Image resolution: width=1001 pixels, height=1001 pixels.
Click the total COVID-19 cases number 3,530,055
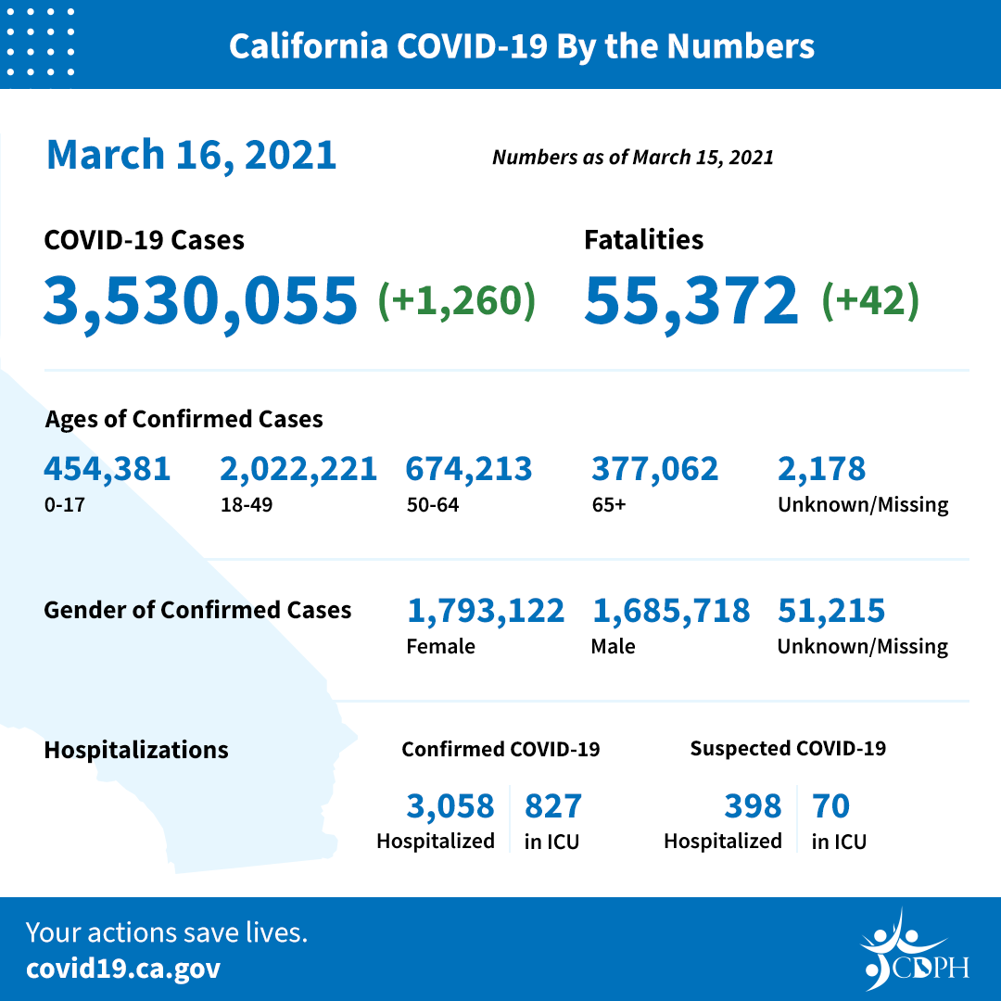[x=200, y=300]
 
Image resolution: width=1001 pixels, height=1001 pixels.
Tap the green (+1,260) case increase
[x=456, y=301]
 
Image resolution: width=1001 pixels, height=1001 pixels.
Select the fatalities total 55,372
[x=691, y=300]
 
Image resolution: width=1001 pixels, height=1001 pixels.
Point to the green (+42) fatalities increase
[x=869, y=301]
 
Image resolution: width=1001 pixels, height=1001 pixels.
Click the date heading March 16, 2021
[x=191, y=154]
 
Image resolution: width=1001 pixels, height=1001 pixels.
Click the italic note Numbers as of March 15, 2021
[x=632, y=157]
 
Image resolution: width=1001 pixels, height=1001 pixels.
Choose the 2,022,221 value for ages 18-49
[x=298, y=468]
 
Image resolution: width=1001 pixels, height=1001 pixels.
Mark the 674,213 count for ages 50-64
[x=468, y=468]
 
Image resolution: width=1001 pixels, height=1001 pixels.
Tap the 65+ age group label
[x=608, y=505]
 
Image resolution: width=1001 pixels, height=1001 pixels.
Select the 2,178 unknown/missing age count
[x=821, y=468]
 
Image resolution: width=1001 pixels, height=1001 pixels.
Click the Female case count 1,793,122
[x=485, y=610]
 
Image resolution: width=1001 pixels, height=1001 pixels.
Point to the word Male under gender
[x=613, y=646]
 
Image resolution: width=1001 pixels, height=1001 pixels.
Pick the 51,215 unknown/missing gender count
[x=830, y=610]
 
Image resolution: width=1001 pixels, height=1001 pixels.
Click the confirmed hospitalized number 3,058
[x=450, y=806]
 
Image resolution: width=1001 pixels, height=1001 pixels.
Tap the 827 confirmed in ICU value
[x=552, y=806]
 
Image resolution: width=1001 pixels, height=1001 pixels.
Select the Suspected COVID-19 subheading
[x=787, y=748]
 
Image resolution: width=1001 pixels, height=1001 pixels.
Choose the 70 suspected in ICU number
[x=830, y=806]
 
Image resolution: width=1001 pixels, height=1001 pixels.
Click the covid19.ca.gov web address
[x=123, y=969]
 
